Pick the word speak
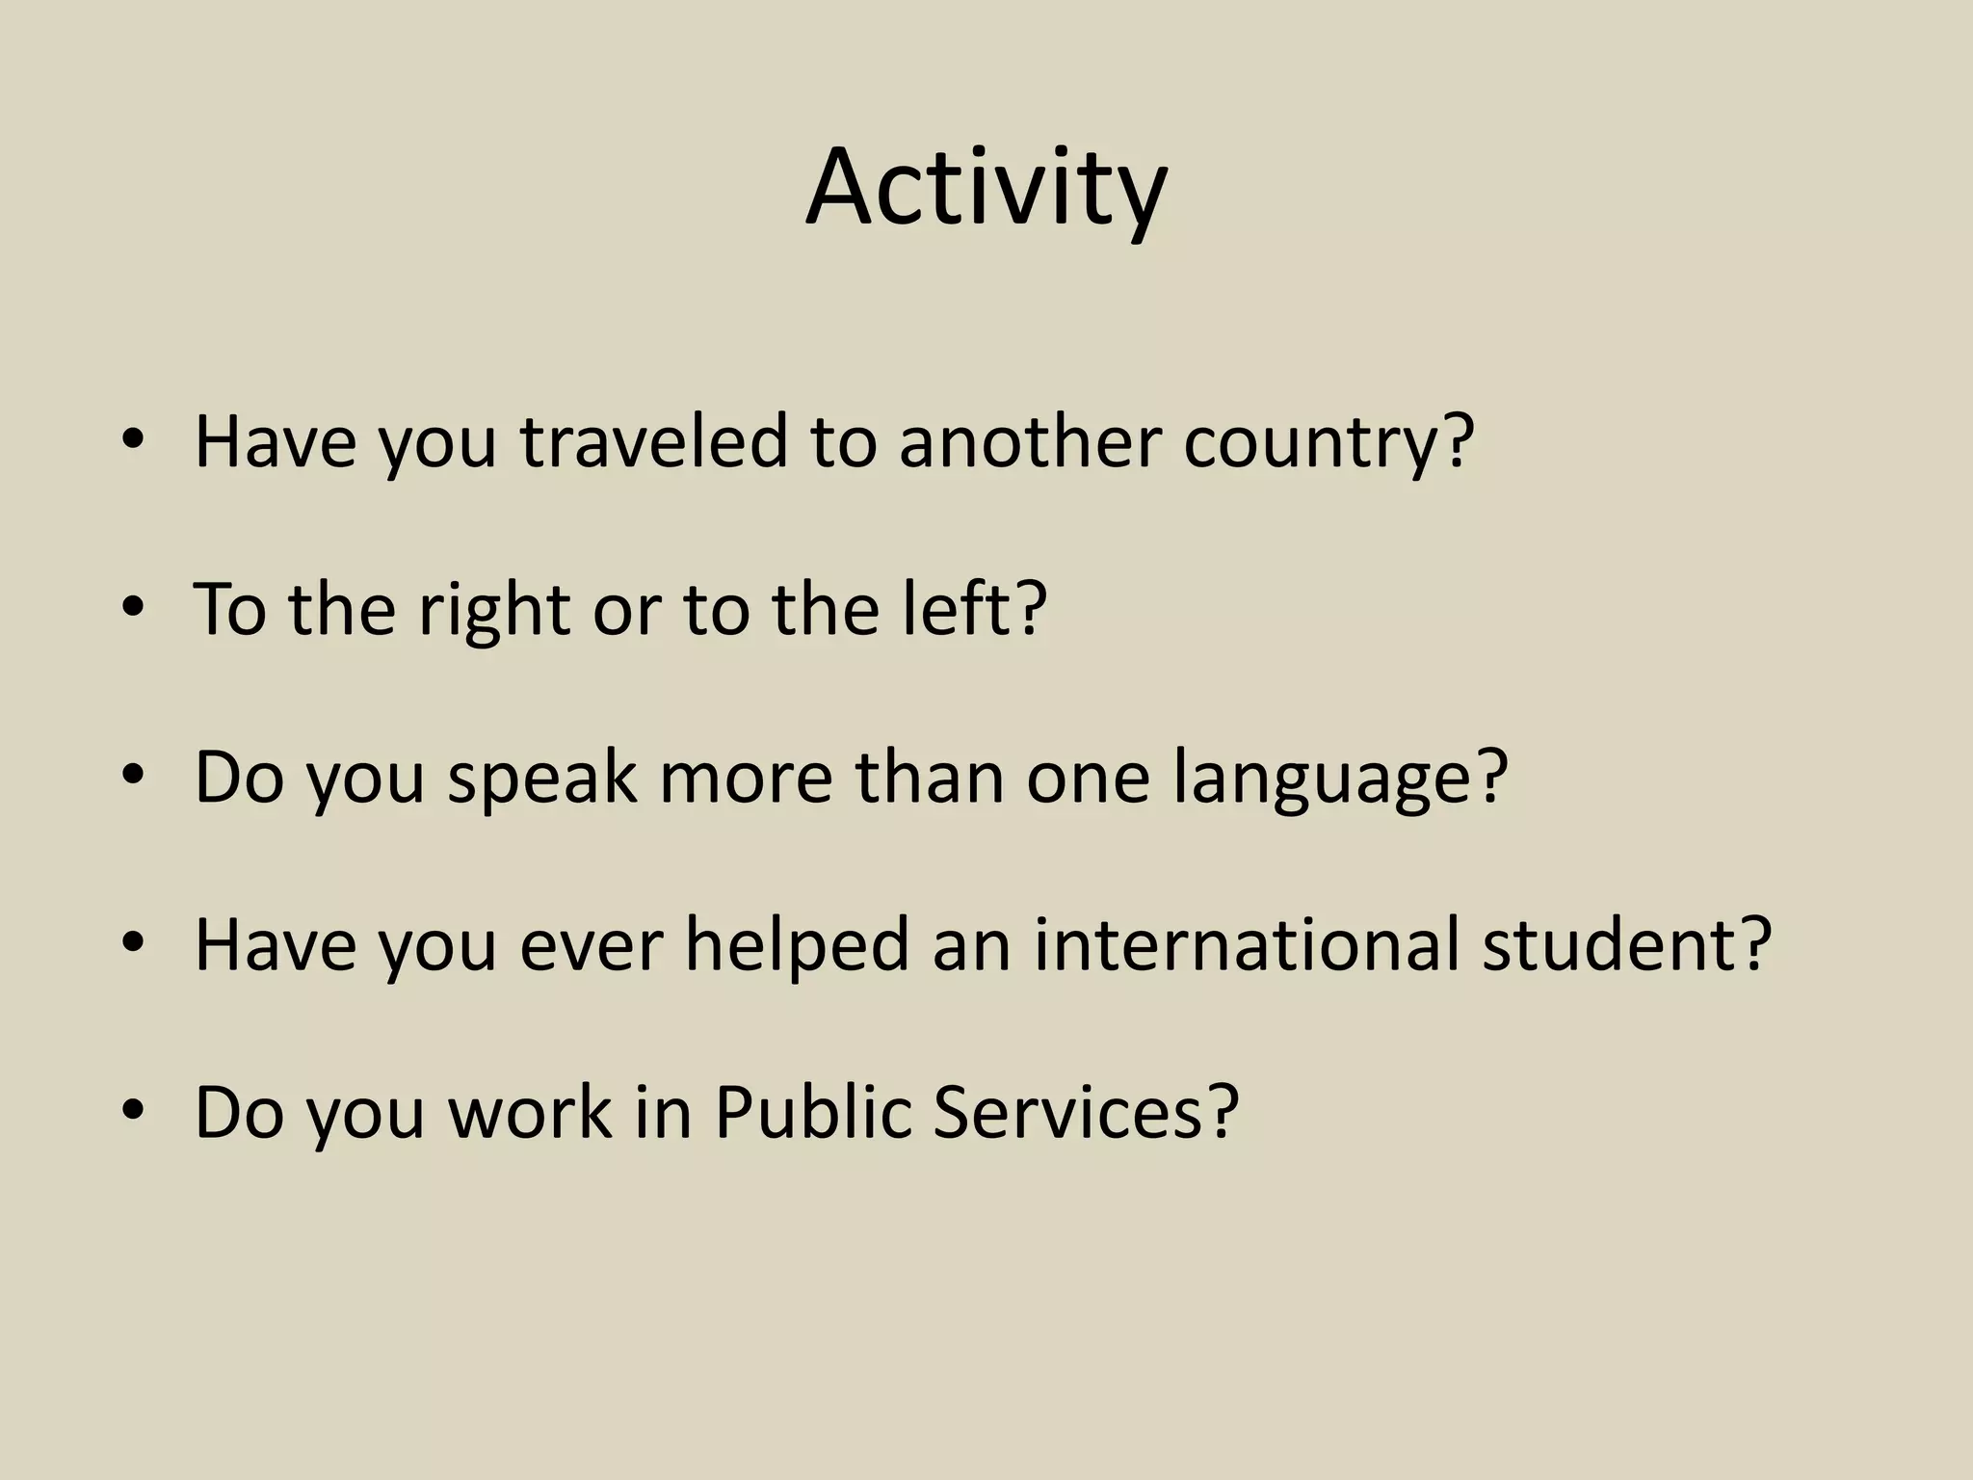pos(541,778)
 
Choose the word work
pos(530,1112)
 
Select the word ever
pos(592,945)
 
